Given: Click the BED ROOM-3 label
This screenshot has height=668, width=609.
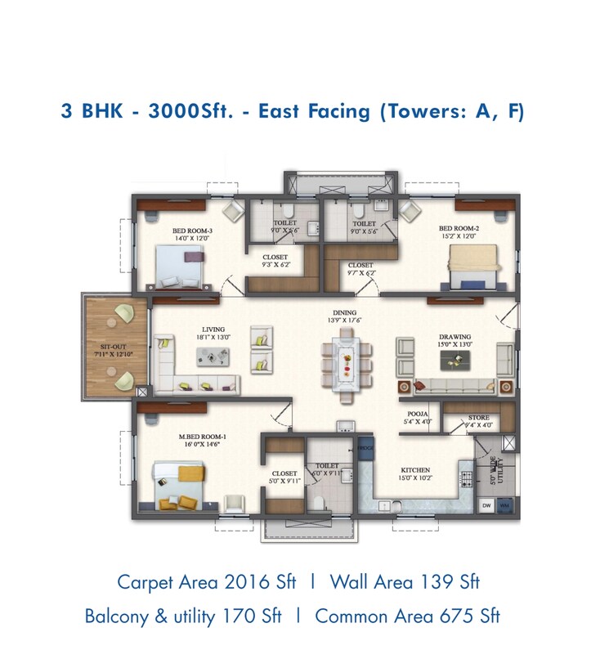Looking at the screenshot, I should tap(192, 231).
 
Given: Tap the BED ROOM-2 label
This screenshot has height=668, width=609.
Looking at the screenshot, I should tap(458, 228).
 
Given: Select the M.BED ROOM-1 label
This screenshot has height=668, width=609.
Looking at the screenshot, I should tap(202, 437).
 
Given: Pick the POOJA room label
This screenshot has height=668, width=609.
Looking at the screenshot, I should tap(418, 415).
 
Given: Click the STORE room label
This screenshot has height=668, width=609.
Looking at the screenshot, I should tap(478, 418).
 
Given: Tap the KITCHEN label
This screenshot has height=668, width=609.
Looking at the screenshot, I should tap(415, 470).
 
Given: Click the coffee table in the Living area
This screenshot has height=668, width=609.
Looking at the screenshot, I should tap(212, 356).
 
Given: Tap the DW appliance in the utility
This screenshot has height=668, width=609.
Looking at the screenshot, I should tap(486, 506).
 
